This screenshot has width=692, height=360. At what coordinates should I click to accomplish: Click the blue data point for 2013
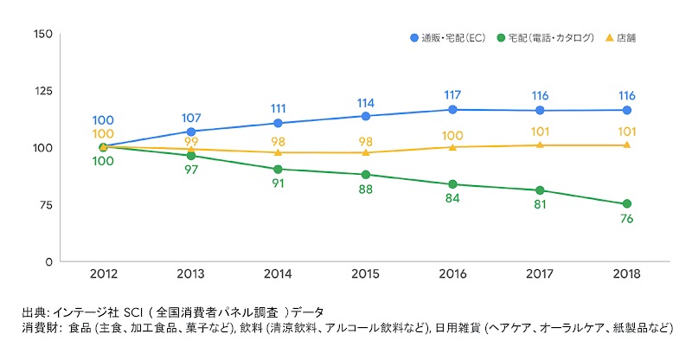(x=190, y=132)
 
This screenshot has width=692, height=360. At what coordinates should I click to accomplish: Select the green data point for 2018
(x=626, y=204)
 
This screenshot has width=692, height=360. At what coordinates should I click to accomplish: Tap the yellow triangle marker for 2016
(x=452, y=147)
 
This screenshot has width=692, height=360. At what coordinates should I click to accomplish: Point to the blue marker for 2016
(x=452, y=110)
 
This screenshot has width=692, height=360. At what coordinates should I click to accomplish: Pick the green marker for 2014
(x=278, y=169)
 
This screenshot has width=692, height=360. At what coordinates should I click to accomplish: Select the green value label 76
(x=626, y=220)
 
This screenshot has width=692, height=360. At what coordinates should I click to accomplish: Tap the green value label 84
(x=452, y=201)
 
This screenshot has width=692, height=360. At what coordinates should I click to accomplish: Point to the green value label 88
(x=365, y=190)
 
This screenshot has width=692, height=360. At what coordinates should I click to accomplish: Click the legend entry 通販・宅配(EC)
(x=447, y=38)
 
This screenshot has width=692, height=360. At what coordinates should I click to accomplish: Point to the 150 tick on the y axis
(x=42, y=34)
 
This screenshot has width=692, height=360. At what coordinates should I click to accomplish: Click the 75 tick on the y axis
(x=45, y=205)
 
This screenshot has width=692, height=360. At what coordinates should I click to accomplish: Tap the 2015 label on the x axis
(x=365, y=275)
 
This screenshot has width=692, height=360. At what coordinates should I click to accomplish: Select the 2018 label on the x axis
(x=626, y=275)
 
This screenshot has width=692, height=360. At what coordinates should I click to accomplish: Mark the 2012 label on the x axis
(x=103, y=275)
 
